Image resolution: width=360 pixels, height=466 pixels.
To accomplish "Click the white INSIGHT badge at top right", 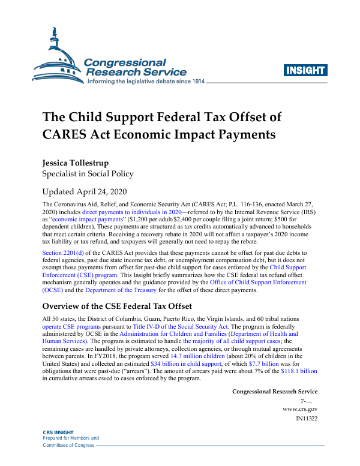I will coord(305,70).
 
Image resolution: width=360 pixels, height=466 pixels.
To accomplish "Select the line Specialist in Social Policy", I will coord(87,174).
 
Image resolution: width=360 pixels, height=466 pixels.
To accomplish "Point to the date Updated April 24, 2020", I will coord(85,193).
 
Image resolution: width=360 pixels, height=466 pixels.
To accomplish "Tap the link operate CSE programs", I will coord(71,326).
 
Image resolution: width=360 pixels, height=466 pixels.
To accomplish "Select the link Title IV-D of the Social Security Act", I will coord(176,326).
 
